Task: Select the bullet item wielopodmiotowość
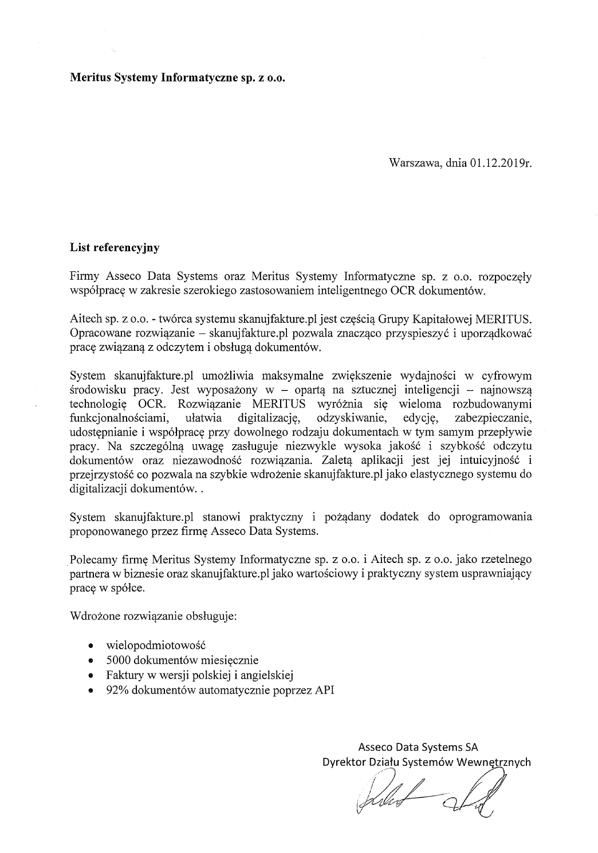click(x=155, y=645)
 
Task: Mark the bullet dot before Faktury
click(x=91, y=675)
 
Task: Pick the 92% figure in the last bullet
click(x=116, y=690)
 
